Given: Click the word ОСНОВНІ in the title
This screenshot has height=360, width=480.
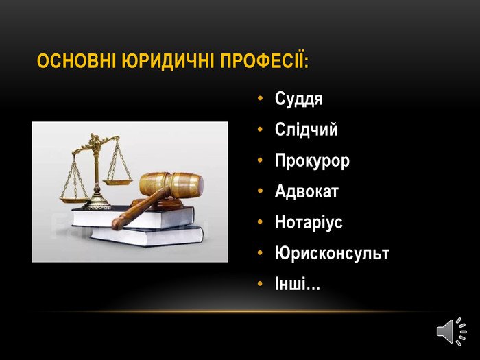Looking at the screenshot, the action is click(x=76, y=61).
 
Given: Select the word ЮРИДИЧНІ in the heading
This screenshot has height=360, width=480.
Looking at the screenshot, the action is click(x=168, y=61).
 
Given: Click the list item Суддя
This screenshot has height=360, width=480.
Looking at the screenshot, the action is click(x=299, y=99).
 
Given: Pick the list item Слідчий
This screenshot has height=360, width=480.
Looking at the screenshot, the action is click(x=306, y=129).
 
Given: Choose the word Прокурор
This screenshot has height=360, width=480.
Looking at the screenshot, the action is click(x=312, y=161).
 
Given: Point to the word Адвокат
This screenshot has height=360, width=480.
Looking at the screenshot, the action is click(x=307, y=191).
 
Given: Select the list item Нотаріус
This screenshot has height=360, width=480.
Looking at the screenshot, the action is click(x=309, y=223).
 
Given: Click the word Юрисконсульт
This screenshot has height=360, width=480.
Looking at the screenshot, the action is click(x=332, y=254).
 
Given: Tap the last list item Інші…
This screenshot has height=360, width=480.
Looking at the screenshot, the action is click(x=297, y=284).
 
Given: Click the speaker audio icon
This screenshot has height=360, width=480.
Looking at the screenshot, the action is click(x=451, y=331).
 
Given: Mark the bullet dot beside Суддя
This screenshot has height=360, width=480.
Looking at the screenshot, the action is click(x=260, y=98).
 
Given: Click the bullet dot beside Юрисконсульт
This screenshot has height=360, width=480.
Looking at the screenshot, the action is click(x=260, y=253).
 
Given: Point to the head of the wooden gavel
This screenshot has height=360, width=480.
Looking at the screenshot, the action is click(x=171, y=184).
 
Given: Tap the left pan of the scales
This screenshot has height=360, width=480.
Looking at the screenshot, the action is click(x=74, y=200).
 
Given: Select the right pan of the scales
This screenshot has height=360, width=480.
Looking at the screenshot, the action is click(x=118, y=182).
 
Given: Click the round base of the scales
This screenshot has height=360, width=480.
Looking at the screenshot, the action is click(x=97, y=205).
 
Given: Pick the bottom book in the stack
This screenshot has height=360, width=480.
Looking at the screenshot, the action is click(x=147, y=236).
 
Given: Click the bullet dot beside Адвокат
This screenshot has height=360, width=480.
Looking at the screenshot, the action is click(x=260, y=191).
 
